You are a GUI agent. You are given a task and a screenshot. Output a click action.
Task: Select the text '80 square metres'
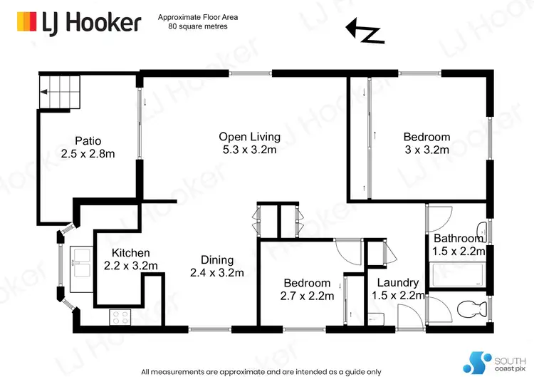pyautogui.click(x=198, y=26)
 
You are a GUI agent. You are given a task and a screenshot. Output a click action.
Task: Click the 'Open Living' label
pyautogui.click(x=249, y=137)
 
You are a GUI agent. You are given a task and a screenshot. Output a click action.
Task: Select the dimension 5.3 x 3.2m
pyautogui.click(x=249, y=150)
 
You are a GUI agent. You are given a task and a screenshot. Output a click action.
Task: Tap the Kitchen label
pyautogui.click(x=130, y=253)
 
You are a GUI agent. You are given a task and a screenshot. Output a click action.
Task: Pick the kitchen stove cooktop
pyautogui.click(x=118, y=316)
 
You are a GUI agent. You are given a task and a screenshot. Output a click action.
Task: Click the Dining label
pyautogui.click(x=216, y=260)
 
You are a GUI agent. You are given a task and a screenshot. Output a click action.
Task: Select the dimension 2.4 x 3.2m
pyautogui.click(x=216, y=273)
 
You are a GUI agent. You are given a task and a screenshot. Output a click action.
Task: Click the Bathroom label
pyautogui.click(x=459, y=238)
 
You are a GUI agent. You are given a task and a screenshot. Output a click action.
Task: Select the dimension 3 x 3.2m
pyautogui.click(x=426, y=150)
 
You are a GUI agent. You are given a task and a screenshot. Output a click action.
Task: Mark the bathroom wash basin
pyautogui.click(x=483, y=229)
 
